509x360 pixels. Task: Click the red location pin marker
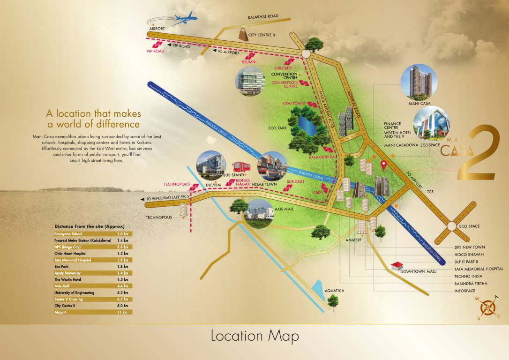[384, 165]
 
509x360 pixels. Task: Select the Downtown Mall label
[418, 271]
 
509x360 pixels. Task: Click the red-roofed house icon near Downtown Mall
[397, 266]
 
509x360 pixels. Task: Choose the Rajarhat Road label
[263, 16]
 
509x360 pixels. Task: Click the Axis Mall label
[284, 209]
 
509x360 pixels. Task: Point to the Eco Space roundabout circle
[452, 226]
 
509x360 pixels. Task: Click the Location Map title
[254, 336]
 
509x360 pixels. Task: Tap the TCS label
[431, 192]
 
